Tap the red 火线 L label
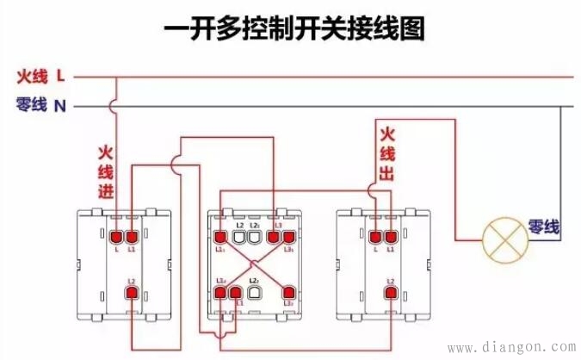click(x=40, y=77)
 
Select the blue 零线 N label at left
click(x=40, y=106)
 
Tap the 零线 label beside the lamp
click(x=544, y=227)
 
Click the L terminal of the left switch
click(x=117, y=235)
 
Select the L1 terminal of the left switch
click(x=133, y=235)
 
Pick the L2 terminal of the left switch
click(x=133, y=294)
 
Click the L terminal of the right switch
click(x=375, y=235)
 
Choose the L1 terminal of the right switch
click(x=391, y=235)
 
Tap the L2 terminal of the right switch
click(x=391, y=294)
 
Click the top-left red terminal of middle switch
click(x=221, y=235)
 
